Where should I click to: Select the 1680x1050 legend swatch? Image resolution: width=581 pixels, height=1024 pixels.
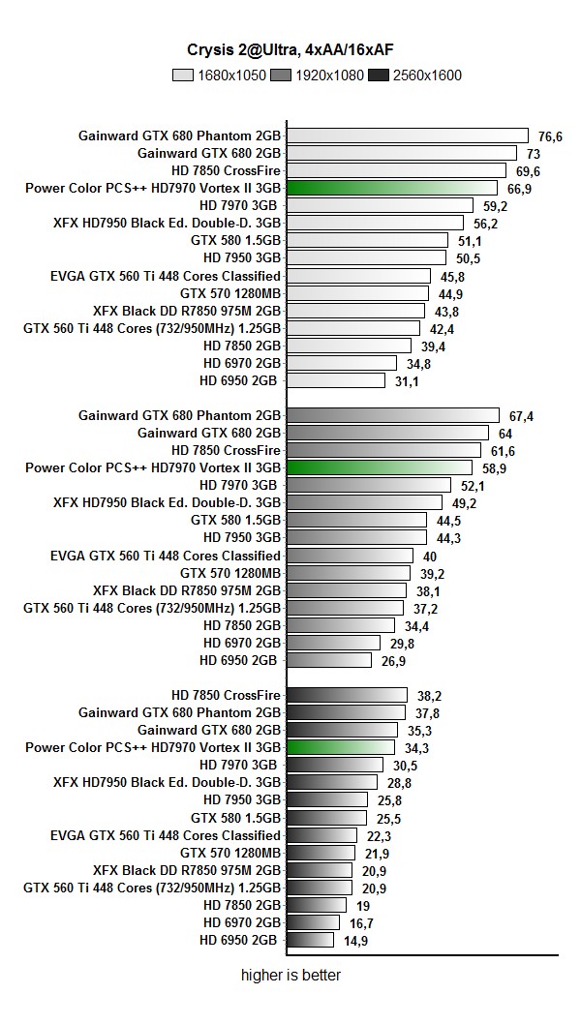coord(183,75)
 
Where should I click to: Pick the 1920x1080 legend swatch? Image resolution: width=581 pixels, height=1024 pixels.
coord(281,75)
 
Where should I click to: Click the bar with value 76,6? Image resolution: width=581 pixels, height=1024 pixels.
coord(408,136)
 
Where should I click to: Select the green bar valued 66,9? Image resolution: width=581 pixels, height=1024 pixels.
coord(392,188)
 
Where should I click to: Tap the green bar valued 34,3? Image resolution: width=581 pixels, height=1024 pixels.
coord(341,747)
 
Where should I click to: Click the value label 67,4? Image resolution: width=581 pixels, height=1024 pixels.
coord(521,416)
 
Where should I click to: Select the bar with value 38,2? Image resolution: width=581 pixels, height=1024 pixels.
coord(347,695)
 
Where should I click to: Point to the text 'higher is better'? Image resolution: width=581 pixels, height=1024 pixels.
coord(290,976)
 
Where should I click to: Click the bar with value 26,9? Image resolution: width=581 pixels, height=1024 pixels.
coord(329,660)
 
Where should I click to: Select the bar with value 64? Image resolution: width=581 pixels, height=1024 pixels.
coord(387,433)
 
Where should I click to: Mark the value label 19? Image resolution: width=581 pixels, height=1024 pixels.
coord(363,906)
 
